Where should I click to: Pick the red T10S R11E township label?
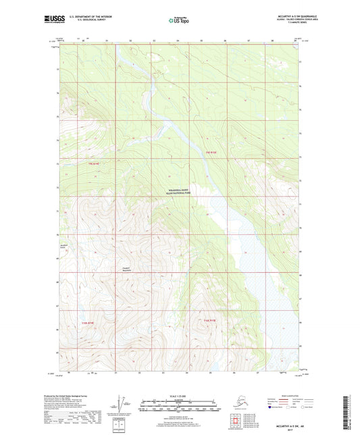[209, 319]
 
